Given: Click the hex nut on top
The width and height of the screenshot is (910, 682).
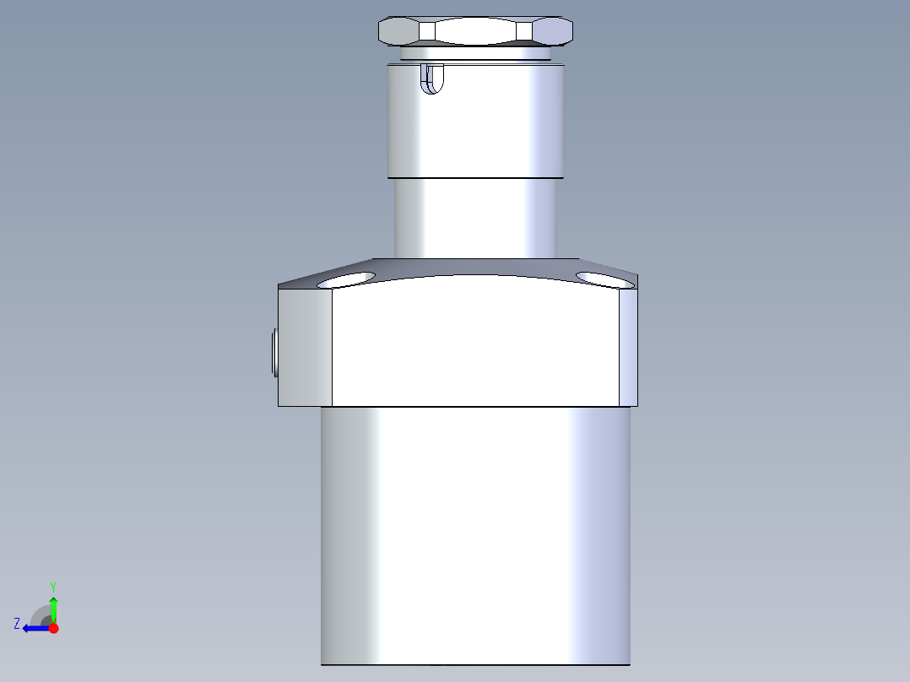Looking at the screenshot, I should click(475, 31).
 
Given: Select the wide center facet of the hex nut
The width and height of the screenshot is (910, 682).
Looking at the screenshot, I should click(475, 32).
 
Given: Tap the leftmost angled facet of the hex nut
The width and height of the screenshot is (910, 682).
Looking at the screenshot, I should click(398, 32).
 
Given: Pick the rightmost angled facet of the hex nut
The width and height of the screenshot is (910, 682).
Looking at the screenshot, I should click(553, 32).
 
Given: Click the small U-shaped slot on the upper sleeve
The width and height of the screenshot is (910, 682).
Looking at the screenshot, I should click(432, 79).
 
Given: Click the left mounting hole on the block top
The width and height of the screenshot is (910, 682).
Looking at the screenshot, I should click(346, 279).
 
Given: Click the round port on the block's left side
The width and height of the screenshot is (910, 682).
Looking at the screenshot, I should click(274, 352).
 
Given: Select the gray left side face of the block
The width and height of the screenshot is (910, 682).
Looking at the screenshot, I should click(305, 347).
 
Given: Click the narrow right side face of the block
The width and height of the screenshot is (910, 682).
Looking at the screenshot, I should click(629, 346).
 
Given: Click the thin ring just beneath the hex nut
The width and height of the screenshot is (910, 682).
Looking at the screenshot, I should click(475, 53).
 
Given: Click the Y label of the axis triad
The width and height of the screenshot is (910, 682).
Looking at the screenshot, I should click(52, 586).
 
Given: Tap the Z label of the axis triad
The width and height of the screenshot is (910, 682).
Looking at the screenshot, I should click(17, 624).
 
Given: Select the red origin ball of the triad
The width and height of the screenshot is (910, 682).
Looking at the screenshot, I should click(53, 628).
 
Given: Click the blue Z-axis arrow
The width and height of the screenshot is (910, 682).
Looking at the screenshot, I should click(35, 628).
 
